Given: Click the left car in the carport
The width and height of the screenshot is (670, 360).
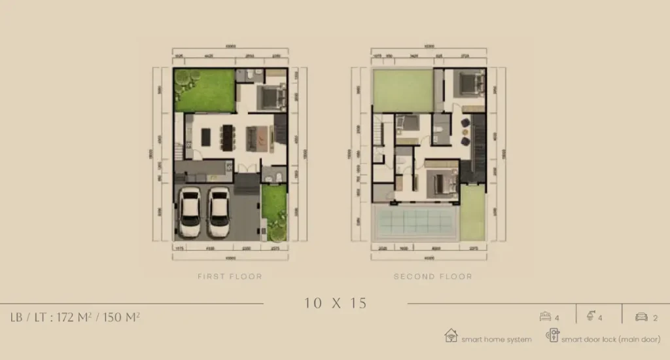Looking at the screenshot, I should click(x=190, y=212).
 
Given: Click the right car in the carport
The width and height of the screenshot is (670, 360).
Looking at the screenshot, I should click(x=219, y=212).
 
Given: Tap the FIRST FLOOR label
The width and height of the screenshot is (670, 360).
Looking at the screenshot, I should click(x=230, y=277).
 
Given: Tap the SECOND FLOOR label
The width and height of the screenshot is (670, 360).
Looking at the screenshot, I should click(x=432, y=277).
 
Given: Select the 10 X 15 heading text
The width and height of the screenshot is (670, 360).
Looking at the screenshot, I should click(x=335, y=303).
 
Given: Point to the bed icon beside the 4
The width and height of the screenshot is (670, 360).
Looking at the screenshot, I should click(x=544, y=317).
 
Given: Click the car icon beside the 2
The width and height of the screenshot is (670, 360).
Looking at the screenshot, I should click(x=641, y=317).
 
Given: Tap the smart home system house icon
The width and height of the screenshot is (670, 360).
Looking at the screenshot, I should click(x=451, y=336).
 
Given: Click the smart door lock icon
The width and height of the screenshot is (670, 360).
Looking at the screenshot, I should click(x=552, y=336).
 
